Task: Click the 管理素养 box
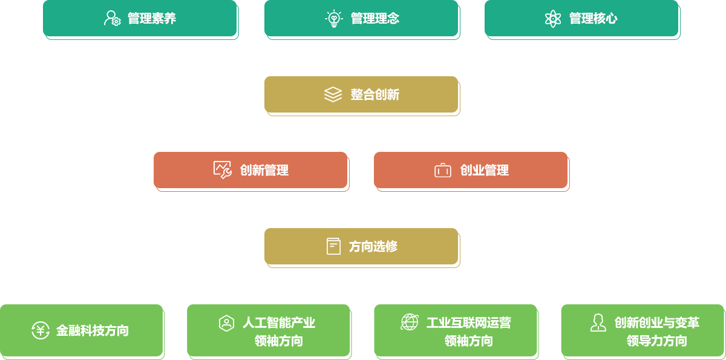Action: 140,18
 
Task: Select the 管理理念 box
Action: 361,18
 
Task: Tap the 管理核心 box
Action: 581,18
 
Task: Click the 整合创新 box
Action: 361,94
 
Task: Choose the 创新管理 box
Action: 250,170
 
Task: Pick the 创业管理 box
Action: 471,170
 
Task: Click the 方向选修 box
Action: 361,246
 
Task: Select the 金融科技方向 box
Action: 81,330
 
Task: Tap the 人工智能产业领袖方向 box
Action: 268,330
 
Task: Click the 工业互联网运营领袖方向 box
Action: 455,330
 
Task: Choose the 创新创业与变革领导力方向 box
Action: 643,330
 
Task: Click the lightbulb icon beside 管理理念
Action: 333,18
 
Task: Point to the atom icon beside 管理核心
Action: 553,18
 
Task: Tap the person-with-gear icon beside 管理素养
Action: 113,18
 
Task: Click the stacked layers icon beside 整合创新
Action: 333,94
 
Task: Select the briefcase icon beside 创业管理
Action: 443,171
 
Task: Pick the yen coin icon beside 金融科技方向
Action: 41,330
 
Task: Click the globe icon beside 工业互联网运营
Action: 410,322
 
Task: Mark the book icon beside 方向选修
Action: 333,246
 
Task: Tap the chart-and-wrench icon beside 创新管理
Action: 223,170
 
